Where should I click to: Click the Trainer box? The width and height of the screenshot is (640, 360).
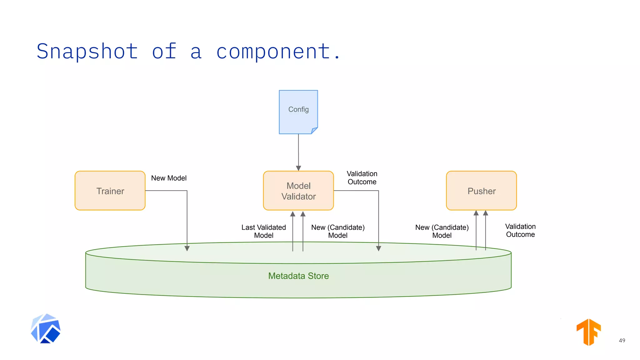point(110,191)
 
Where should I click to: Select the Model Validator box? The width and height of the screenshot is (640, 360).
point(298,191)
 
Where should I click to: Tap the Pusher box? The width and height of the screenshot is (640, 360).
point(481,191)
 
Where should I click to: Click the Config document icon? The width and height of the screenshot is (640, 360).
point(298,112)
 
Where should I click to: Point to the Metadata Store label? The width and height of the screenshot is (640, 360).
point(298,276)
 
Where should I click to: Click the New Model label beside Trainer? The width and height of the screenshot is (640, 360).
point(169,178)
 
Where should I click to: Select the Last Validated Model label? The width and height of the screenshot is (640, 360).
point(264,231)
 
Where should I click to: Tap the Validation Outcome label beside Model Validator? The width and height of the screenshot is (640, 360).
point(362,178)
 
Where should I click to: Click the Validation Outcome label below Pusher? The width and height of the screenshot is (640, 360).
point(520,230)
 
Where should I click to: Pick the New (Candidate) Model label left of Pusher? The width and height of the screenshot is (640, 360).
point(442,231)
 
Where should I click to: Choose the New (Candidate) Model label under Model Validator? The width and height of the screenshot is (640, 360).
point(338,231)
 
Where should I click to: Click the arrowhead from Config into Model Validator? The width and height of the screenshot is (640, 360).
point(298,168)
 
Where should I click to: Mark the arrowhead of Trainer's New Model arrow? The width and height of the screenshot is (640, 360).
point(187,248)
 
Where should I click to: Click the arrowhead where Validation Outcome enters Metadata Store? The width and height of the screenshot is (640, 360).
point(378,248)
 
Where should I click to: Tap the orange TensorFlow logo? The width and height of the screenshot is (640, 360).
point(589,332)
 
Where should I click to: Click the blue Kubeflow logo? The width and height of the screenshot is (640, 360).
point(46,328)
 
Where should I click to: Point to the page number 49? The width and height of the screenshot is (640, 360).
point(622,340)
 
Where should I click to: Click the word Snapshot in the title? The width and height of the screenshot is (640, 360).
point(87,51)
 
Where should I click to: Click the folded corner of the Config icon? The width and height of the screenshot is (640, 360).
point(314,131)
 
